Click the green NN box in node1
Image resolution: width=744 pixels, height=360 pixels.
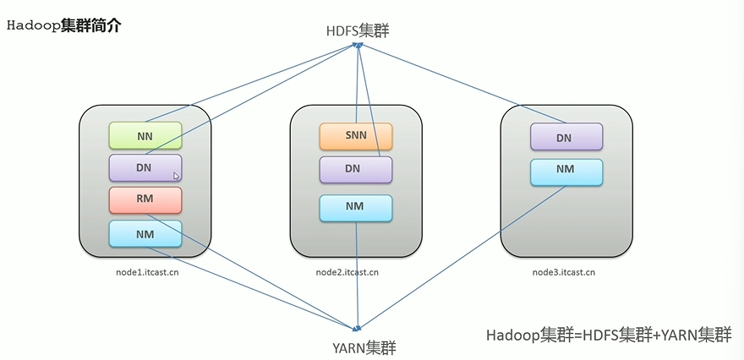[145, 136]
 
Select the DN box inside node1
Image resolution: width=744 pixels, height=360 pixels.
[145, 168]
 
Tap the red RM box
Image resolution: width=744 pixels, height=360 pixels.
[145, 200]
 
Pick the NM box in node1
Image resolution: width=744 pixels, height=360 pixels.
[145, 233]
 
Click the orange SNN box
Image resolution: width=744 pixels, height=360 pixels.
[356, 137]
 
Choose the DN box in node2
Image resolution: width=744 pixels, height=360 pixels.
[356, 170]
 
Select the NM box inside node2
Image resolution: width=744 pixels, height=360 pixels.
[356, 208]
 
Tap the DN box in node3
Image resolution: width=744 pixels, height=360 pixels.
[566, 137]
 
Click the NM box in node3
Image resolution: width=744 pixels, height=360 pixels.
[566, 172]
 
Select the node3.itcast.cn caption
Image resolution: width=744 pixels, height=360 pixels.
[564, 272]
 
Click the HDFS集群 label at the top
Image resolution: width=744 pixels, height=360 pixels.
[358, 31]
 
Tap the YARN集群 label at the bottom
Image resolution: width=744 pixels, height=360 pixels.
[364, 349]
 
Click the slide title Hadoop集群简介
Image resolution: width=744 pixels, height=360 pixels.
[64, 25]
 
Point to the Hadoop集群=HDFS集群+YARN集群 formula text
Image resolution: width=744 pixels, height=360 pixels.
[609, 335]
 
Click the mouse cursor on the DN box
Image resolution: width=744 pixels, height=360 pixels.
[176, 176]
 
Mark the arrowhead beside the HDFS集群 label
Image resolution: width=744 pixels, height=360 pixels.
[358, 45]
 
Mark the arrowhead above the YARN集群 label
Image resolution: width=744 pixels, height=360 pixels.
[358, 327]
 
